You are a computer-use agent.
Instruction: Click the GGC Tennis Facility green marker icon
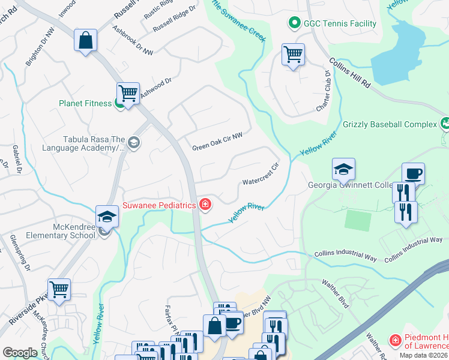tap(294, 24)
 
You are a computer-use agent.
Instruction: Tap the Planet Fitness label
tap(85, 103)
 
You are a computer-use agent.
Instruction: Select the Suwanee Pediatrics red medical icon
tap(206, 205)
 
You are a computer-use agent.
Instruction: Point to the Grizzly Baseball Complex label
tap(390, 125)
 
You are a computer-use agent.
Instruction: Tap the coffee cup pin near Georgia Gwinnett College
tap(413, 174)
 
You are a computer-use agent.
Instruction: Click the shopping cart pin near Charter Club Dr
tap(293, 55)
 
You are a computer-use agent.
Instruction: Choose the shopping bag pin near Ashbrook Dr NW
tap(86, 41)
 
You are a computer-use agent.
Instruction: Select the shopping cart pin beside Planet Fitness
tap(128, 94)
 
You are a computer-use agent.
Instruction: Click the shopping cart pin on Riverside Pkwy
tap(59, 290)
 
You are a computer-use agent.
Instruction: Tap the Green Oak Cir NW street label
tap(217, 148)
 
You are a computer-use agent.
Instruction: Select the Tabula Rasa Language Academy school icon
tap(133, 143)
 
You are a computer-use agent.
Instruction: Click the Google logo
tap(20, 353)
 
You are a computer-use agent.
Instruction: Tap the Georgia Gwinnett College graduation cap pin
tap(343, 170)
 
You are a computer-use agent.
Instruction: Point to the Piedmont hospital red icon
tap(395, 341)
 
